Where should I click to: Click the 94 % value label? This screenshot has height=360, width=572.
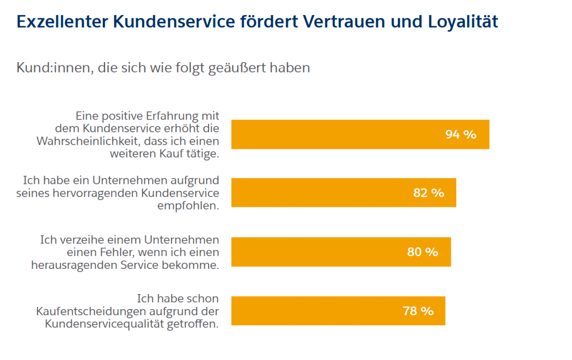click(x=460, y=135)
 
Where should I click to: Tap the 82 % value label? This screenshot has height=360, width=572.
click(x=428, y=193)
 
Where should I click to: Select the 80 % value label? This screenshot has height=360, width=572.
click(x=422, y=252)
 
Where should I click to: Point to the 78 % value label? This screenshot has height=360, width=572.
click(x=418, y=311)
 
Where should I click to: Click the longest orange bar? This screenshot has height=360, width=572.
click(x=335, y=135)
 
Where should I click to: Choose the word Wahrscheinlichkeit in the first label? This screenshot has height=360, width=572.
click(x=84, y=141)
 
